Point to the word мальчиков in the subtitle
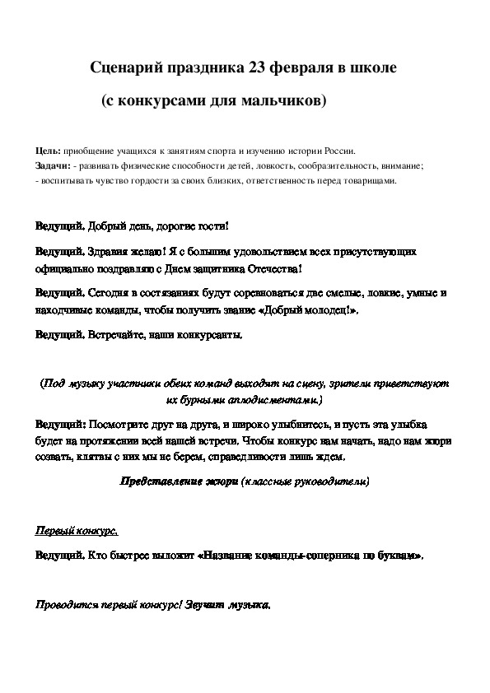(289, 101)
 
